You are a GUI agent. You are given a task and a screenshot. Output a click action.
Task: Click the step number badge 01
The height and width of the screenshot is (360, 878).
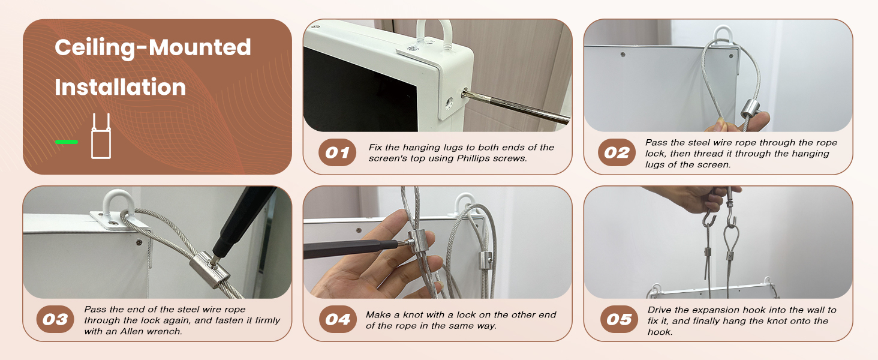point(337,152)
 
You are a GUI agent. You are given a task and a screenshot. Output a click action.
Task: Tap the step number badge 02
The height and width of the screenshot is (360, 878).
point(617,152)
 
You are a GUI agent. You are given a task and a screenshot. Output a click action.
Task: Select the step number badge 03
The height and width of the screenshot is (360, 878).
point(55,319)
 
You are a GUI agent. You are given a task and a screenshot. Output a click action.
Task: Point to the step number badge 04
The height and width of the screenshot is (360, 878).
point(338,319)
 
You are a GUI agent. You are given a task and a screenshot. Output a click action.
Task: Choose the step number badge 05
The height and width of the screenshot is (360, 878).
point(619,319)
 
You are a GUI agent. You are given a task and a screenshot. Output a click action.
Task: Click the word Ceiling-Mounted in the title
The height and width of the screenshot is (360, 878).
point(153,48)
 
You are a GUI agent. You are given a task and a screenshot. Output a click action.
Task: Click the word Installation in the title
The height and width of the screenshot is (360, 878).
point(121,87)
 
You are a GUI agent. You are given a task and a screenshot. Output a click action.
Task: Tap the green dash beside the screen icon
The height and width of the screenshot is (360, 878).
point(67,142)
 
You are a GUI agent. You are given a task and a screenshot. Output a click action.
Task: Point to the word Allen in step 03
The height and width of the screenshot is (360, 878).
point(131,331)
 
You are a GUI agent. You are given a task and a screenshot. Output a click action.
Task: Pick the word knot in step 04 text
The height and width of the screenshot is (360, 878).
point(411,314)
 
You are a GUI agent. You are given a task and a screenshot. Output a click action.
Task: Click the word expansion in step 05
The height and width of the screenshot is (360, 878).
point(727,310)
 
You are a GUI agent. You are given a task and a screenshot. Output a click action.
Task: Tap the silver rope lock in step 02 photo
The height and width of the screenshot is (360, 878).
point(750,110)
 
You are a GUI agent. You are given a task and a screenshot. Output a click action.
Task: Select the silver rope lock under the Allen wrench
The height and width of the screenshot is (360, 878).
point(209,270)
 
